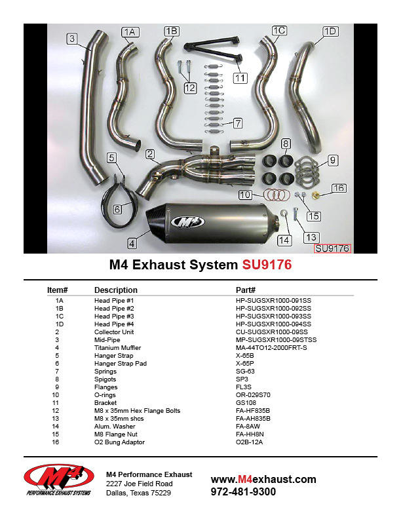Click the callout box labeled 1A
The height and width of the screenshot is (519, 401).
(x=130, y=31)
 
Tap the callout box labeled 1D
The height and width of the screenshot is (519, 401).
(x=330, y=31)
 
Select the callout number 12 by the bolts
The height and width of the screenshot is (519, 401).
(x=190, y=87)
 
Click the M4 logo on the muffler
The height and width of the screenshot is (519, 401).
(x=187, y=222)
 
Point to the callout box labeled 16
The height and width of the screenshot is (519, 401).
(x=338, y=188)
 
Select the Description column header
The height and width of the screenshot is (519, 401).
(x=116, y=290)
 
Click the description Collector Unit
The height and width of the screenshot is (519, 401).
(x=115, y=332)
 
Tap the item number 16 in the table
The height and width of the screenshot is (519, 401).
(x=60, y=442)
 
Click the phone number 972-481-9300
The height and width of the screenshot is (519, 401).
(x=243, y=492)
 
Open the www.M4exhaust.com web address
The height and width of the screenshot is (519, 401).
(x=263, y=479)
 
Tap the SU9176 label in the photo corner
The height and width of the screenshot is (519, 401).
(x=333, y=248)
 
